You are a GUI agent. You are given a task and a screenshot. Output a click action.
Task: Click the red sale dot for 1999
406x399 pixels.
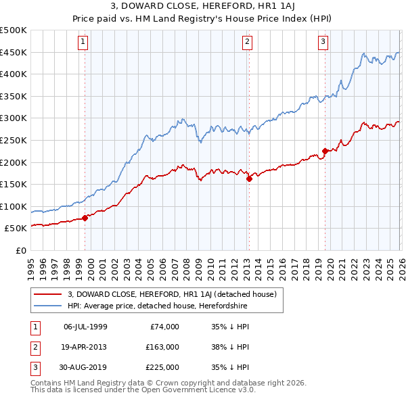(x=85, y=218)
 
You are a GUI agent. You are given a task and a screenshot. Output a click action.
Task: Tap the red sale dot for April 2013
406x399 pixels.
(x=249, y=179)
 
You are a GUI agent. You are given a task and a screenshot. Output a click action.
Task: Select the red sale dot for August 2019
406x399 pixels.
(x=325, y=151)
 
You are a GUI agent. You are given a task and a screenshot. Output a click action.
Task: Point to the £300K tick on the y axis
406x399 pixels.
(x=14, y=118)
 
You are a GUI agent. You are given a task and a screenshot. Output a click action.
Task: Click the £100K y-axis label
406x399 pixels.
(x=14, y=206)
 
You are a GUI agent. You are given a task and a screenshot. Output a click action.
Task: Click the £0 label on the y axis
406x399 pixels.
(x=20, y=250)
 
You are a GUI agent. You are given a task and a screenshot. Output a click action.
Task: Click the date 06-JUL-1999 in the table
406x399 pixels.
(x=85, y=327)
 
